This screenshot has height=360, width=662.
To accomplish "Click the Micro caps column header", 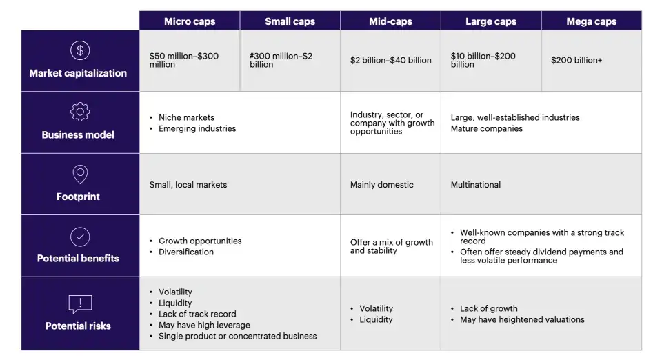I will coord(190,21).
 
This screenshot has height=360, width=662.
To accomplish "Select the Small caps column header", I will coord(290,21).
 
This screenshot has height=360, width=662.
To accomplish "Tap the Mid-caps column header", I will coord(390,21).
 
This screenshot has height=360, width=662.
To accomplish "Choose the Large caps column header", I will coord(491,21).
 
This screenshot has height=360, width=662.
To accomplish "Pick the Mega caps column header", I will coord(591,21).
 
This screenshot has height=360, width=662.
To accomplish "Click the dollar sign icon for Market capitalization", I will coord(80,50).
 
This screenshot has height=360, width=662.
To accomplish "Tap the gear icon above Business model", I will coord(80,112).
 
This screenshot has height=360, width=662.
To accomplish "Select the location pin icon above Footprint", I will coord(80,174).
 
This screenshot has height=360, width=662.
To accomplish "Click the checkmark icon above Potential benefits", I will coord(80,237).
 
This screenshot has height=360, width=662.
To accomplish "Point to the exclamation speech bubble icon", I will coord(80,303).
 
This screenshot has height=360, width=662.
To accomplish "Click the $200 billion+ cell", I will coord(576,61).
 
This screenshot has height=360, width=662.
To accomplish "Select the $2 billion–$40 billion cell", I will coord(390,61).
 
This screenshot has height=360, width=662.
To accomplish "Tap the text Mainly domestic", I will coord(381,185).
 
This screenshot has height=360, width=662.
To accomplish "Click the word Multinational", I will coord(476,185).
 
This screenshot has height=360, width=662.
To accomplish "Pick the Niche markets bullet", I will coord(186,118).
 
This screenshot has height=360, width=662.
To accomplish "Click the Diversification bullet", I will coord(186,252).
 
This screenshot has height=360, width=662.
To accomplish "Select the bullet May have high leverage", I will coord(204,326).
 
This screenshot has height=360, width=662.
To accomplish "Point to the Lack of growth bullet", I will coord(488,309).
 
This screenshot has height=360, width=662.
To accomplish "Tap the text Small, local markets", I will coord(188,185).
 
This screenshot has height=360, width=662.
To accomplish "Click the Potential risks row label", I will coord(78,326).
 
